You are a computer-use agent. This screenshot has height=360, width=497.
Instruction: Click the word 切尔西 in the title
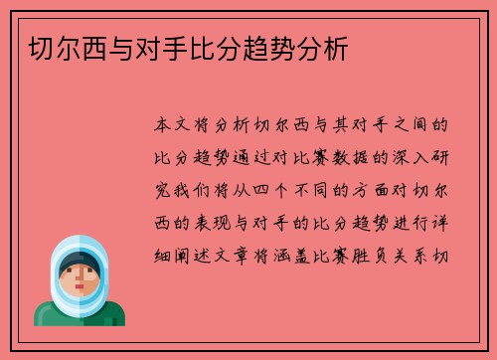56,47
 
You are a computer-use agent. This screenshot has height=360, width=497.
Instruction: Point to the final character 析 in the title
338,47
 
